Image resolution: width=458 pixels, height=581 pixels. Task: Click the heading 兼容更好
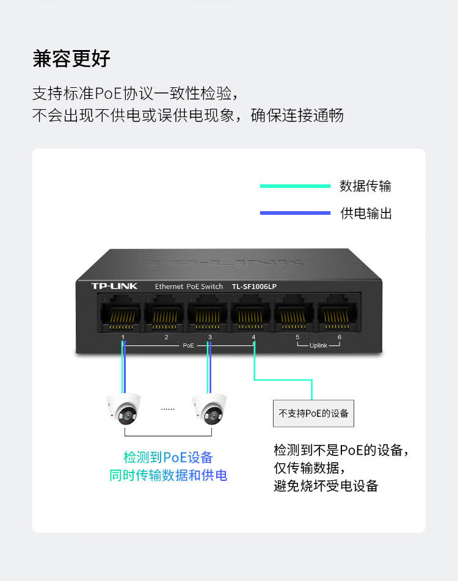(x=71, y=59)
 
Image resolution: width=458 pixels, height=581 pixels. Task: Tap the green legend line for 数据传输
(x=295, y=186)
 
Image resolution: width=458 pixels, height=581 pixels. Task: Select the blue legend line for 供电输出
(x=295, y=213)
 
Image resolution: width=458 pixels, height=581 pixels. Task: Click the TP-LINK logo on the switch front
(x=114, y=286)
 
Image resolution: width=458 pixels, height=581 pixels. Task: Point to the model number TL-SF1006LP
(x=254, y=286)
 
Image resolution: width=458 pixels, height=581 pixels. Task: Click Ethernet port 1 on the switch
(x=120, y=314)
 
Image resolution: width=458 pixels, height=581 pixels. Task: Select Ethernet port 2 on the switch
(x=164, y=314)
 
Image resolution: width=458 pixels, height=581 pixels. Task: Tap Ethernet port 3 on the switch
(x=207, y=314)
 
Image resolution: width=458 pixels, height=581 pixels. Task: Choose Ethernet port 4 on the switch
(x=251, y=314)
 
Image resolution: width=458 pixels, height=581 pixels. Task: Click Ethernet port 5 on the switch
(x=294, y=314)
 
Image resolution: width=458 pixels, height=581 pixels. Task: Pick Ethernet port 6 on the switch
(x=337, y=314)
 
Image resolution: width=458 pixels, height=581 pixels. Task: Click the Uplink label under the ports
(x=318, y=345)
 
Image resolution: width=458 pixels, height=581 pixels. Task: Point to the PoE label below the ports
(x=189, y=345)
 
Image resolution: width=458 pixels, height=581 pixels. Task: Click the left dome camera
(x=124, y=409)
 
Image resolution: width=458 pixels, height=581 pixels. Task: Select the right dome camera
(x=209, y=409)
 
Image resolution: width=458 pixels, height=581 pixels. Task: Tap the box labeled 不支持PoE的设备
(x=313, y=413)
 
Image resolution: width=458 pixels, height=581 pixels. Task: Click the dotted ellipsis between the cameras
(x=167, y=410)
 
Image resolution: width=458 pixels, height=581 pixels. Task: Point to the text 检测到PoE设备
(x=168, y=457)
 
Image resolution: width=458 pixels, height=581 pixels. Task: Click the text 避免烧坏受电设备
(x=326, y=486)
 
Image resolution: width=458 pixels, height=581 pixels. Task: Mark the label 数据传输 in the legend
(x=365, y=186)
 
